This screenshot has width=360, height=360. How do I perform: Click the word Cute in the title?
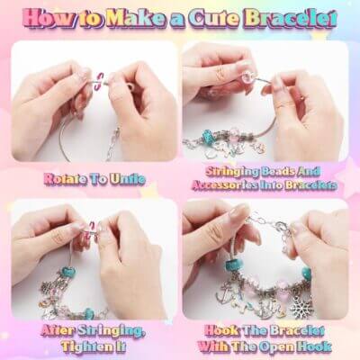point(216,19)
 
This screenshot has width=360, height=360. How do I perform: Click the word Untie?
point(128,179)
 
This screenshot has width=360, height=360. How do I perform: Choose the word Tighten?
point(86,346)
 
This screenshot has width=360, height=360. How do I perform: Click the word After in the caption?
point(57,331)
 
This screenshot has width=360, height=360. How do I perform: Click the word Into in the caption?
point(271,185)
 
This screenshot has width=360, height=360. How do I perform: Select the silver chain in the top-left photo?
point(113,143)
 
